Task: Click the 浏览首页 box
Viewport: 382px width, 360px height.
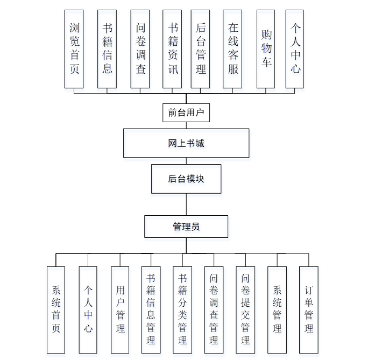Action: point(74,48)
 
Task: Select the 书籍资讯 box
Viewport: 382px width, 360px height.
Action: point(173,48)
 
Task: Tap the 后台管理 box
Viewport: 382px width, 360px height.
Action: point(201,48)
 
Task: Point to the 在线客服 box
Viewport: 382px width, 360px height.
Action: point(233,48)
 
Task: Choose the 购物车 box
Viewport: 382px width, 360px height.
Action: point(266,48)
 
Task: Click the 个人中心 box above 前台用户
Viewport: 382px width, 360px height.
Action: point(295,48)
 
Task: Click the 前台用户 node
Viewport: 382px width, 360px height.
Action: point(186,112)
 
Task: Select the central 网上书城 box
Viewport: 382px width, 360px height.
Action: point(186,143)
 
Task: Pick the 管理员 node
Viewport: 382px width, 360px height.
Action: point(186,227)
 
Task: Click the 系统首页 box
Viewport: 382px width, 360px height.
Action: point(56,309)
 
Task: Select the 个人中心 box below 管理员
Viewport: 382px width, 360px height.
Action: point(88,309)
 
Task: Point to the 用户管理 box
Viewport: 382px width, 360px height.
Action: point(120,309)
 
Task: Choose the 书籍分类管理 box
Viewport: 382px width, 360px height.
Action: point(182,309)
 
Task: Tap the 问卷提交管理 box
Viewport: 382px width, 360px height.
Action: point(245,309)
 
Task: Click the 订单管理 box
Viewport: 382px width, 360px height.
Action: point(309,309)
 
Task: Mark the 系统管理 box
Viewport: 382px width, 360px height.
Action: point(277,309)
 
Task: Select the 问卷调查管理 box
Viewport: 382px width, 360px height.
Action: point(214,309)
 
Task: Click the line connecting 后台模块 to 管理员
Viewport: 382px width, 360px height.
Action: point(186,204)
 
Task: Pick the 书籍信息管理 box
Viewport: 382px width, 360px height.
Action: point(151,309)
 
